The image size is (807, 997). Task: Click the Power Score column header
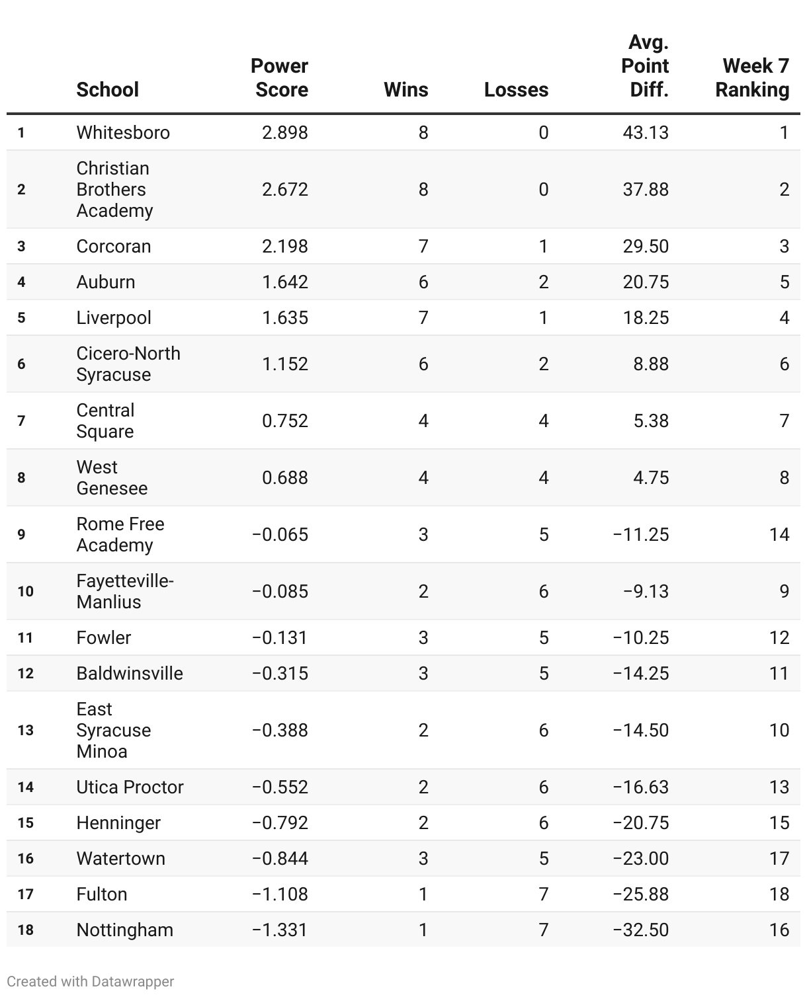(279, 78)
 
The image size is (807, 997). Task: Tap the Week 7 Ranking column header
(753, 78)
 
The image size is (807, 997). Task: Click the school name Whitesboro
(123, 133)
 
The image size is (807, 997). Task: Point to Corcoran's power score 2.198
(284, 247)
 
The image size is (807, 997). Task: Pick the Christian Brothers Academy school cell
(114, 190)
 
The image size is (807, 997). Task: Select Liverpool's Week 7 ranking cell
(784, 318)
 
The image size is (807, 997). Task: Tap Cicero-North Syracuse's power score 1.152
(284, 364)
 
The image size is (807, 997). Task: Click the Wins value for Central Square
(423, 421)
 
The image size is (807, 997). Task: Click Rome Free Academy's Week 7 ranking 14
(779, 535)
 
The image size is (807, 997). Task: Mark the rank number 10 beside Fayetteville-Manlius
(25, 592)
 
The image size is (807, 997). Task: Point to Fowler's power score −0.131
(280, 638)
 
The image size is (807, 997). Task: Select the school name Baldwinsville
(130, 674)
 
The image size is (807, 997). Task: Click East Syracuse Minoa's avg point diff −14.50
(640, 731)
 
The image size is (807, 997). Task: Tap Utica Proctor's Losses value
(543, 787)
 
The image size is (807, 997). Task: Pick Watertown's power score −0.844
(280, 859)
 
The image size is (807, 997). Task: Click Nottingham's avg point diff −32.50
(640, 930)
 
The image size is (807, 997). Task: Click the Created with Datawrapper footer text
(91, 982)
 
